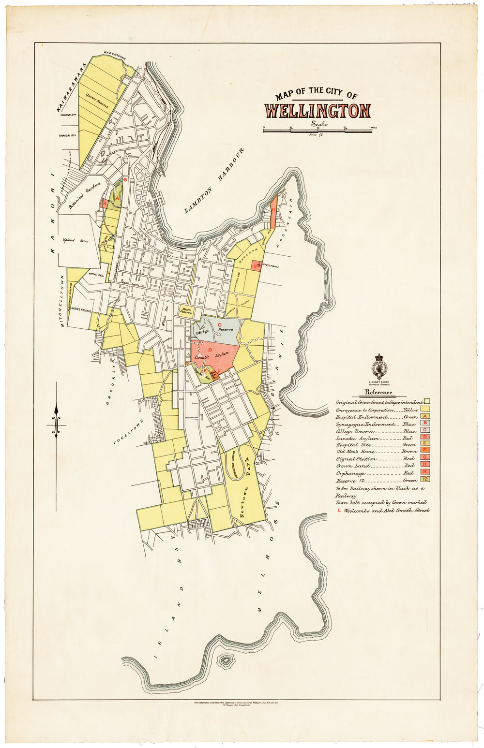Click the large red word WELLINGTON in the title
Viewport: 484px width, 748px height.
point(318,111)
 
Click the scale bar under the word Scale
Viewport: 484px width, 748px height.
point(318,130)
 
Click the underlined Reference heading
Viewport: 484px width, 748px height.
point(378,392)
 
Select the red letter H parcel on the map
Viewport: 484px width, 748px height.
point(273,210)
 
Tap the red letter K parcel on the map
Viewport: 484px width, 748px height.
point(104,204)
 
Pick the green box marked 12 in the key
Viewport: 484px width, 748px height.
point(426,479)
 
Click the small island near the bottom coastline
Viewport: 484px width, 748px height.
point(225,660)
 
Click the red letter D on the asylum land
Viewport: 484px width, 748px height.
point(210,349)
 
